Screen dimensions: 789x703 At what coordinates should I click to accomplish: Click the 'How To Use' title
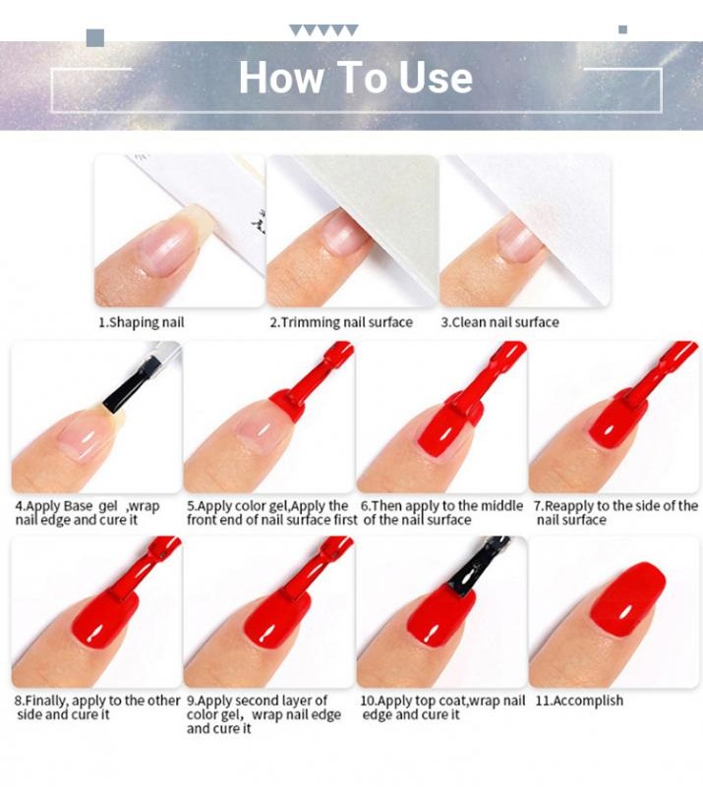pyautogui.click(x=355, y=79)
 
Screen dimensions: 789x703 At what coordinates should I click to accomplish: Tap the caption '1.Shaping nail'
pyautogui.click(x=141, y=322)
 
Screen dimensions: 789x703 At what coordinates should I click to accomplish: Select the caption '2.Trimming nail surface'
pyautogui.click(x=341, y=322)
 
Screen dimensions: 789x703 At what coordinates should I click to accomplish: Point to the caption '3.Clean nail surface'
pyautogui.click(x=499, y=322)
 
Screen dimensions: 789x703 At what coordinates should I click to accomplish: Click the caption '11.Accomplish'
pyautogui.click(x=578, y=701)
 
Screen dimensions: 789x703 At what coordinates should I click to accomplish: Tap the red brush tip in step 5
pyautogui.click(x=293, y=399)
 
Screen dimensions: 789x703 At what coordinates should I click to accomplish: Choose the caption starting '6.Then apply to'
pyautogui.click(x=441, y=513)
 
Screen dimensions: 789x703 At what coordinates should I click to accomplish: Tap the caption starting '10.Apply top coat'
pyautogui.click(x=442, y=707)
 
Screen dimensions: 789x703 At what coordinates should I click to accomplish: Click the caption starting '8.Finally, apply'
pyautogui.click(x=96, y=707)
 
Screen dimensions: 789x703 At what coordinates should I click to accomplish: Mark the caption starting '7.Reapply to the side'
pyautogui.click(x=615, y=513)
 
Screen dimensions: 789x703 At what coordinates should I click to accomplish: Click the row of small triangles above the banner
pyautogui.click(x=323, y=30)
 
